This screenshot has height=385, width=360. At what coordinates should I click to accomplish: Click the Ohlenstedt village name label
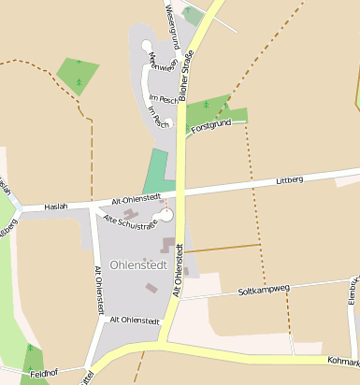[138, 264]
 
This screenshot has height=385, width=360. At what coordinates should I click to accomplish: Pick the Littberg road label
[291, 179]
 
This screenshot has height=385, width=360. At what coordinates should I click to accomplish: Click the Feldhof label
[44, 373]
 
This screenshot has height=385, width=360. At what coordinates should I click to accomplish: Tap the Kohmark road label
[342, 361]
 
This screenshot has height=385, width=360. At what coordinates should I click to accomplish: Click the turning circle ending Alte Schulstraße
[167, 215]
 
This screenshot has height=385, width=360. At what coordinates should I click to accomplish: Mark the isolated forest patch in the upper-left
[78, 75]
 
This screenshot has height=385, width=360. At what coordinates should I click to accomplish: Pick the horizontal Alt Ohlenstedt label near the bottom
[135, 320]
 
